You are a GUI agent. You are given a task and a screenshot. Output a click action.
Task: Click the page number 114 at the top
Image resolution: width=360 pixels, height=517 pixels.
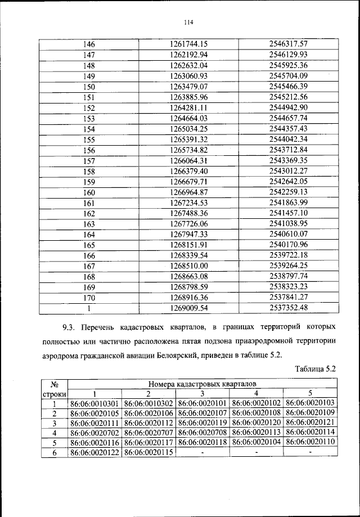188,23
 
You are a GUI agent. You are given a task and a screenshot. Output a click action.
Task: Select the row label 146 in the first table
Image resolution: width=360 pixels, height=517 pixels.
89,44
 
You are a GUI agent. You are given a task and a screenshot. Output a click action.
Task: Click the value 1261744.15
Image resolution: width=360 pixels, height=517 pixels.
189,44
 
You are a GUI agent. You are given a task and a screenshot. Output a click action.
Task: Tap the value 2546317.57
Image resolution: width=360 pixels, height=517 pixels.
288,44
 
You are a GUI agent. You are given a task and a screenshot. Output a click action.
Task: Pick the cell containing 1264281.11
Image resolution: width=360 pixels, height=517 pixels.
189,108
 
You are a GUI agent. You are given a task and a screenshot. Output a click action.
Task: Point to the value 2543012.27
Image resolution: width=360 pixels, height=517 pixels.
288,172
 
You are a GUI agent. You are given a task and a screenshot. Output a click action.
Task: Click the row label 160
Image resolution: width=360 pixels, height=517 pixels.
89,192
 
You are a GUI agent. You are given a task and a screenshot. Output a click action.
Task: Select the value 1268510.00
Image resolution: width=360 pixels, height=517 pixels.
189,266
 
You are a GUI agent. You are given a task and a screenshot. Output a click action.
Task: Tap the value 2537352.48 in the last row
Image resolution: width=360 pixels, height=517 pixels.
288,308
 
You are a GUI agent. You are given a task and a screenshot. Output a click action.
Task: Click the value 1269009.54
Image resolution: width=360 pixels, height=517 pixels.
189,308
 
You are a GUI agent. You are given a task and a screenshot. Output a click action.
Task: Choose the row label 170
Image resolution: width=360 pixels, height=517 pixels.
89,298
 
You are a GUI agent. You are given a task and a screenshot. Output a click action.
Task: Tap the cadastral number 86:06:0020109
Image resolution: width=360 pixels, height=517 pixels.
310,413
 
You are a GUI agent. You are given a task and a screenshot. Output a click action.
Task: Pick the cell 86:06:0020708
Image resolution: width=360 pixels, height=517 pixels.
202,433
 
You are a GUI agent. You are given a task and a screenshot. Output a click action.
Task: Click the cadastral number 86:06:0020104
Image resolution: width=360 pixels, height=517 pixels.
256,443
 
